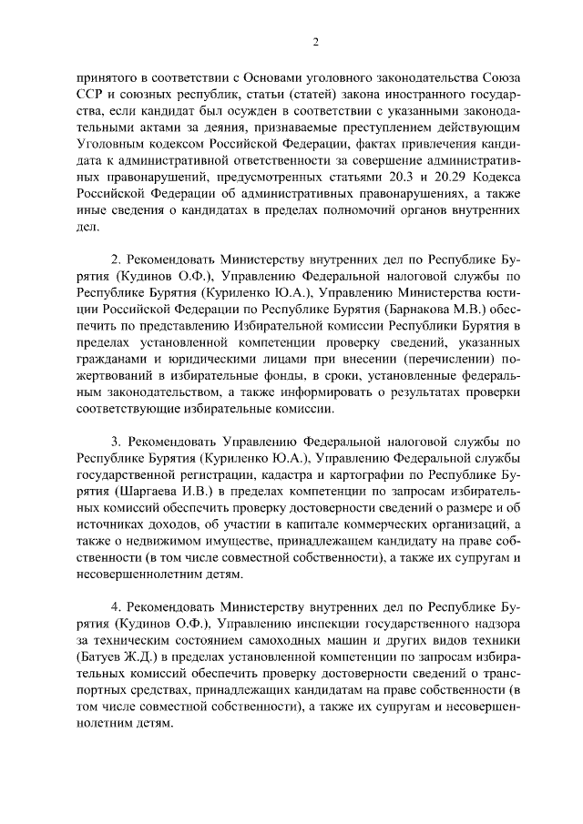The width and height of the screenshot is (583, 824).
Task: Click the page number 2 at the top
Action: (x=314, y=43)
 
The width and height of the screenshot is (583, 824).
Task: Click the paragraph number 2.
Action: (x=115, y=255)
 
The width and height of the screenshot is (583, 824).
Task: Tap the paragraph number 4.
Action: (x=115, y=607)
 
